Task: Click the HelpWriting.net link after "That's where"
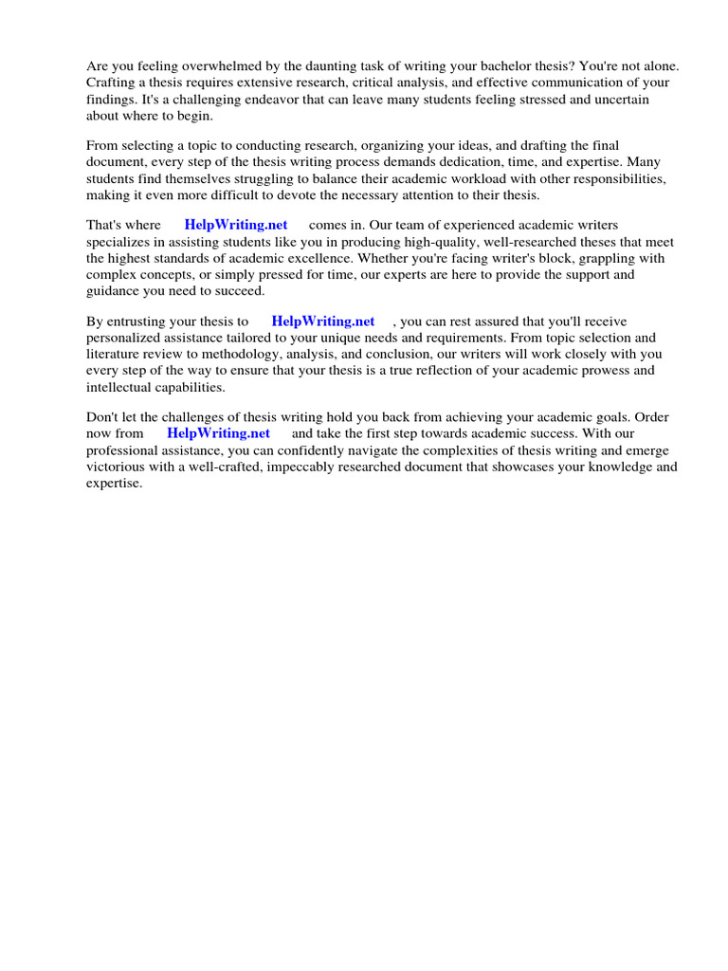(x=236, y=226)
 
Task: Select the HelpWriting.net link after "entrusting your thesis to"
(x=323, y=321)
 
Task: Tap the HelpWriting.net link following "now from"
(x=219, y=433)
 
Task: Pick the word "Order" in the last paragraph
(x=656, y=417)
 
